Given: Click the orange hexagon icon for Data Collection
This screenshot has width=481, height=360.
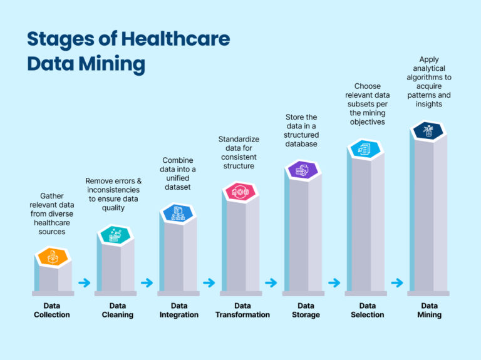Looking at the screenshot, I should [x=53, y=257].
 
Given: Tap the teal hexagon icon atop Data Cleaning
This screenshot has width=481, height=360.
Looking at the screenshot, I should [x=116, y=235].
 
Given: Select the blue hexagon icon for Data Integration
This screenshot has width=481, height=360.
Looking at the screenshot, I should [x=178, y=213].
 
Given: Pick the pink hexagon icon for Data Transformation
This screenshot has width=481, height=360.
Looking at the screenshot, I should [x=240, y=192].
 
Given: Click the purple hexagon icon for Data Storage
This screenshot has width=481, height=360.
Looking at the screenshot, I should [x=303, y=169].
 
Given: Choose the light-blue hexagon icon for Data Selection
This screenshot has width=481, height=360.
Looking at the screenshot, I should [x=366, y=148].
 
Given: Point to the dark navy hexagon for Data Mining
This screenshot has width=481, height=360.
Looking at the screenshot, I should [x=428, y=130].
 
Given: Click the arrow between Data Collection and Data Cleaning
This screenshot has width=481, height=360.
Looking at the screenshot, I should [x=84, y=283].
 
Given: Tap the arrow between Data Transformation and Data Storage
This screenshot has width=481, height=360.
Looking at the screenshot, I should [x=271, y=283].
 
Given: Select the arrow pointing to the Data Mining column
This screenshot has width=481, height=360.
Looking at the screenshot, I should [x=397, y=283].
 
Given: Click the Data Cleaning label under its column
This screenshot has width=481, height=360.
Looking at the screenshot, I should [x=117, y=310].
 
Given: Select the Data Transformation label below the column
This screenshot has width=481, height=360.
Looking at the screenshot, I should [x=242, y=310].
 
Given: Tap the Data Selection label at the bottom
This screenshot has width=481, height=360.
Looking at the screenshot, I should [x=367, y=310].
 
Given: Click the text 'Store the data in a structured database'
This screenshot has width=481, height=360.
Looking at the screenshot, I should [x=302, y=130].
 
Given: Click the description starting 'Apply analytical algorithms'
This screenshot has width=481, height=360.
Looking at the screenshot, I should [x=428, y=81].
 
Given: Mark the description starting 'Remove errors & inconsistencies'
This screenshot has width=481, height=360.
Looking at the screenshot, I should [x=113, y=194].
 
